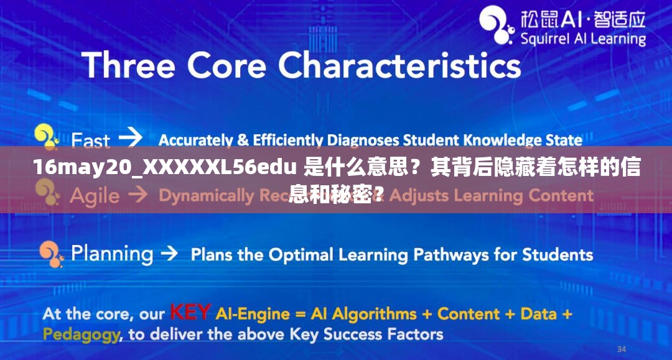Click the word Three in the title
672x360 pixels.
128,65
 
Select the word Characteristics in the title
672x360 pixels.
399,65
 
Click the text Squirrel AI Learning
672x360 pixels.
582,39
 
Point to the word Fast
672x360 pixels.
90,141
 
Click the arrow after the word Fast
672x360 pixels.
130,137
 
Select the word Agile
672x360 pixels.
94,196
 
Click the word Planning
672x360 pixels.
112,254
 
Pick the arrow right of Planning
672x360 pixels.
169,254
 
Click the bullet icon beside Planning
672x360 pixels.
50,252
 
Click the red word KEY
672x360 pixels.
190,312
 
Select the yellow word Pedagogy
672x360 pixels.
81,334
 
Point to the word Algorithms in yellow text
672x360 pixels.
373,313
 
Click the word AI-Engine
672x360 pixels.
246,313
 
